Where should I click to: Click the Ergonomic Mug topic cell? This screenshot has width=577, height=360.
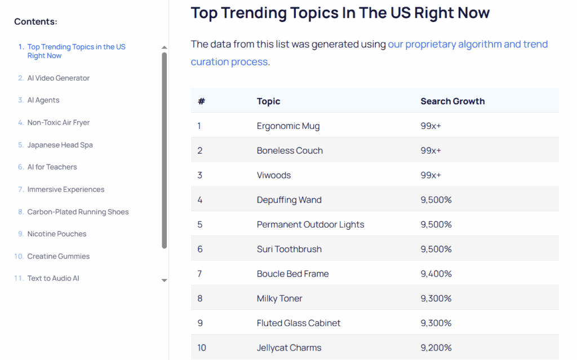[x=288, y=126]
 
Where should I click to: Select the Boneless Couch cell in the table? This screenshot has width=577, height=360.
[x=290, y=150]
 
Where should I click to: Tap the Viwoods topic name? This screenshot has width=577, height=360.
[x=274, y=175]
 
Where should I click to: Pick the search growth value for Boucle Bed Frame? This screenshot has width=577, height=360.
[x=436, y=274]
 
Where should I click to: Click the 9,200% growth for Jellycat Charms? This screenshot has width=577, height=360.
[x=436, y=348]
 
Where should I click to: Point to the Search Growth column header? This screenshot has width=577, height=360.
[x=452, y=101]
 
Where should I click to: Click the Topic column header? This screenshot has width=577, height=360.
[x=268, y=101]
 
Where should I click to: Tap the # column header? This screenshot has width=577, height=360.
[x=201, y=101]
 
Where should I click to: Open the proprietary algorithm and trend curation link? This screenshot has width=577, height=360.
[x=468, y=45]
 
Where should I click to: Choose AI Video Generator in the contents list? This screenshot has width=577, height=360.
[x=59, y=78]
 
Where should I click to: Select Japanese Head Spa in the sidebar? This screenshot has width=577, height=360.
[x=60, y=145]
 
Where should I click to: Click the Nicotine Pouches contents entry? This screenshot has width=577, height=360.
[x=57, y=234]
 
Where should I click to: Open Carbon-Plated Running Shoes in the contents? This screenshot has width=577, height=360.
[x=78, y=212]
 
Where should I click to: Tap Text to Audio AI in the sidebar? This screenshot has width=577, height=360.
[x=54, y=278]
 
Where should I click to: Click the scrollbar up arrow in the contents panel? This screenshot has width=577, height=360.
[x=165, y=48]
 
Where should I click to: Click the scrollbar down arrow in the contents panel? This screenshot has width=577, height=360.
[x=165, y=280]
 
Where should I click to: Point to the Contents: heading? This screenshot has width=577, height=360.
[x=35, y=21]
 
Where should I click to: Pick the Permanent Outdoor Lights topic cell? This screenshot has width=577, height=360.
[x=310, y=224]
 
